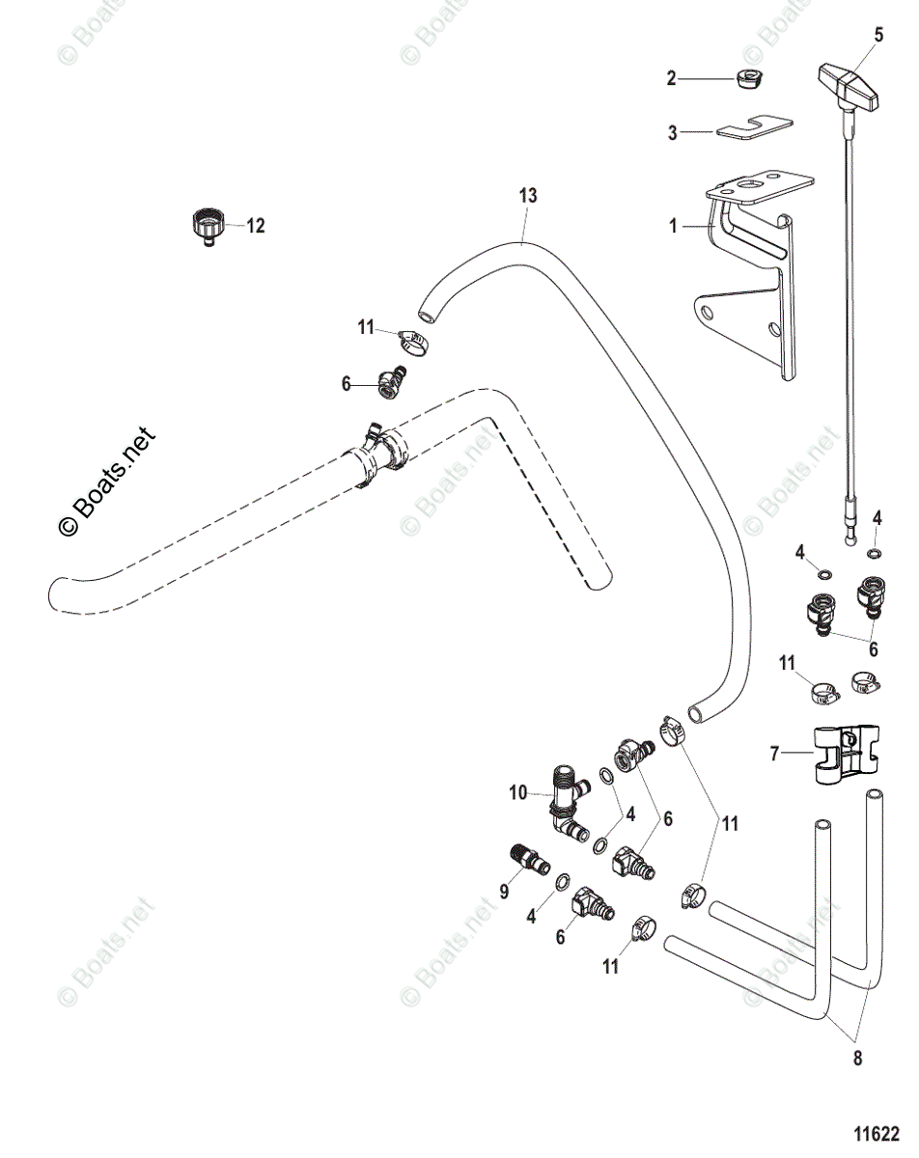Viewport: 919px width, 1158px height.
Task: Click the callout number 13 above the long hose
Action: click(528, 195)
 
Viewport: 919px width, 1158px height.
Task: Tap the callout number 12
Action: click(256, 226)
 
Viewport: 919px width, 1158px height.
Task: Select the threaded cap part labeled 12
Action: click(207, 227)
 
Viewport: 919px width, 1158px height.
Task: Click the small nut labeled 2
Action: click(749, 80)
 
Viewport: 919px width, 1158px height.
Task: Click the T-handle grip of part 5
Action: click(849, 87)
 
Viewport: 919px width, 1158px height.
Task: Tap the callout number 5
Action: click(878, 35)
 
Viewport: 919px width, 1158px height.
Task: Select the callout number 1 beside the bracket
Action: click(673, 226)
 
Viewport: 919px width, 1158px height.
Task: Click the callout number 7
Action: click(774, 755)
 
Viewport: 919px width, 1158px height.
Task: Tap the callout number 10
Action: click(519, 792)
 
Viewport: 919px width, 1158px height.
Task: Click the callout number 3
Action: click(673, 132)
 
